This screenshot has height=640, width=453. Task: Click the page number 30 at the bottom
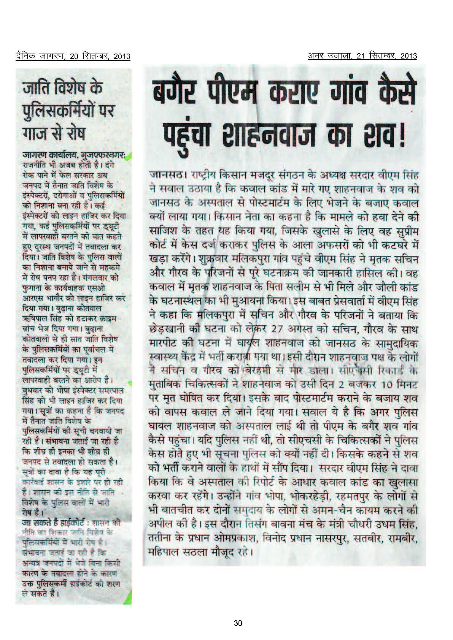pos(238,623)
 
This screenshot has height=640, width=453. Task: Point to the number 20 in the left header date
pos(74,56)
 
